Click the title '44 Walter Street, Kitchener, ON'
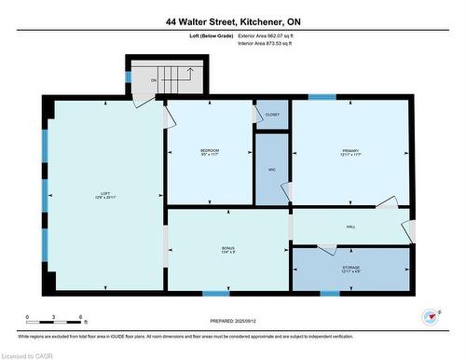233,21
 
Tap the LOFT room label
104,196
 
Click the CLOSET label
271,115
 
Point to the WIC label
271,170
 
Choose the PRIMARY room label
349,153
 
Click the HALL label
350,227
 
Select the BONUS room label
228,249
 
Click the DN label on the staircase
154,80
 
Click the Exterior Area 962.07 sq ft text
272,35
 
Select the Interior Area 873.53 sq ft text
271,43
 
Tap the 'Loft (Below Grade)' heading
210,35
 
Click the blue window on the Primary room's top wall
322,97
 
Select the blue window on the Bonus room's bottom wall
216,293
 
